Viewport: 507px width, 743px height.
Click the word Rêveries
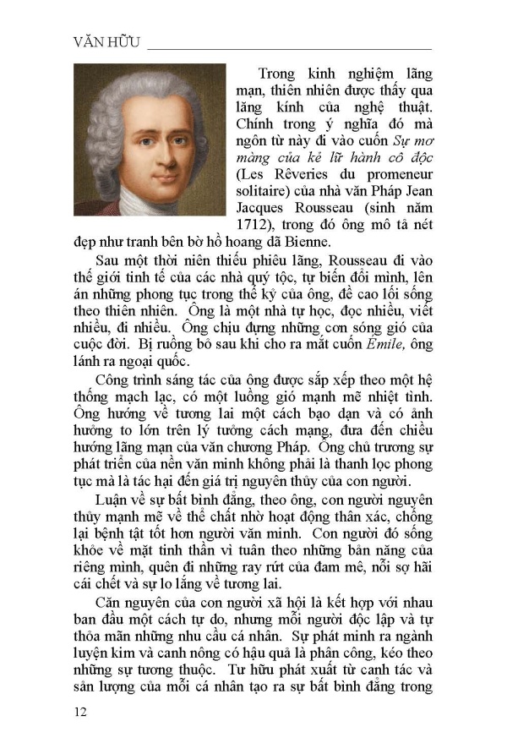[307, 176]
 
